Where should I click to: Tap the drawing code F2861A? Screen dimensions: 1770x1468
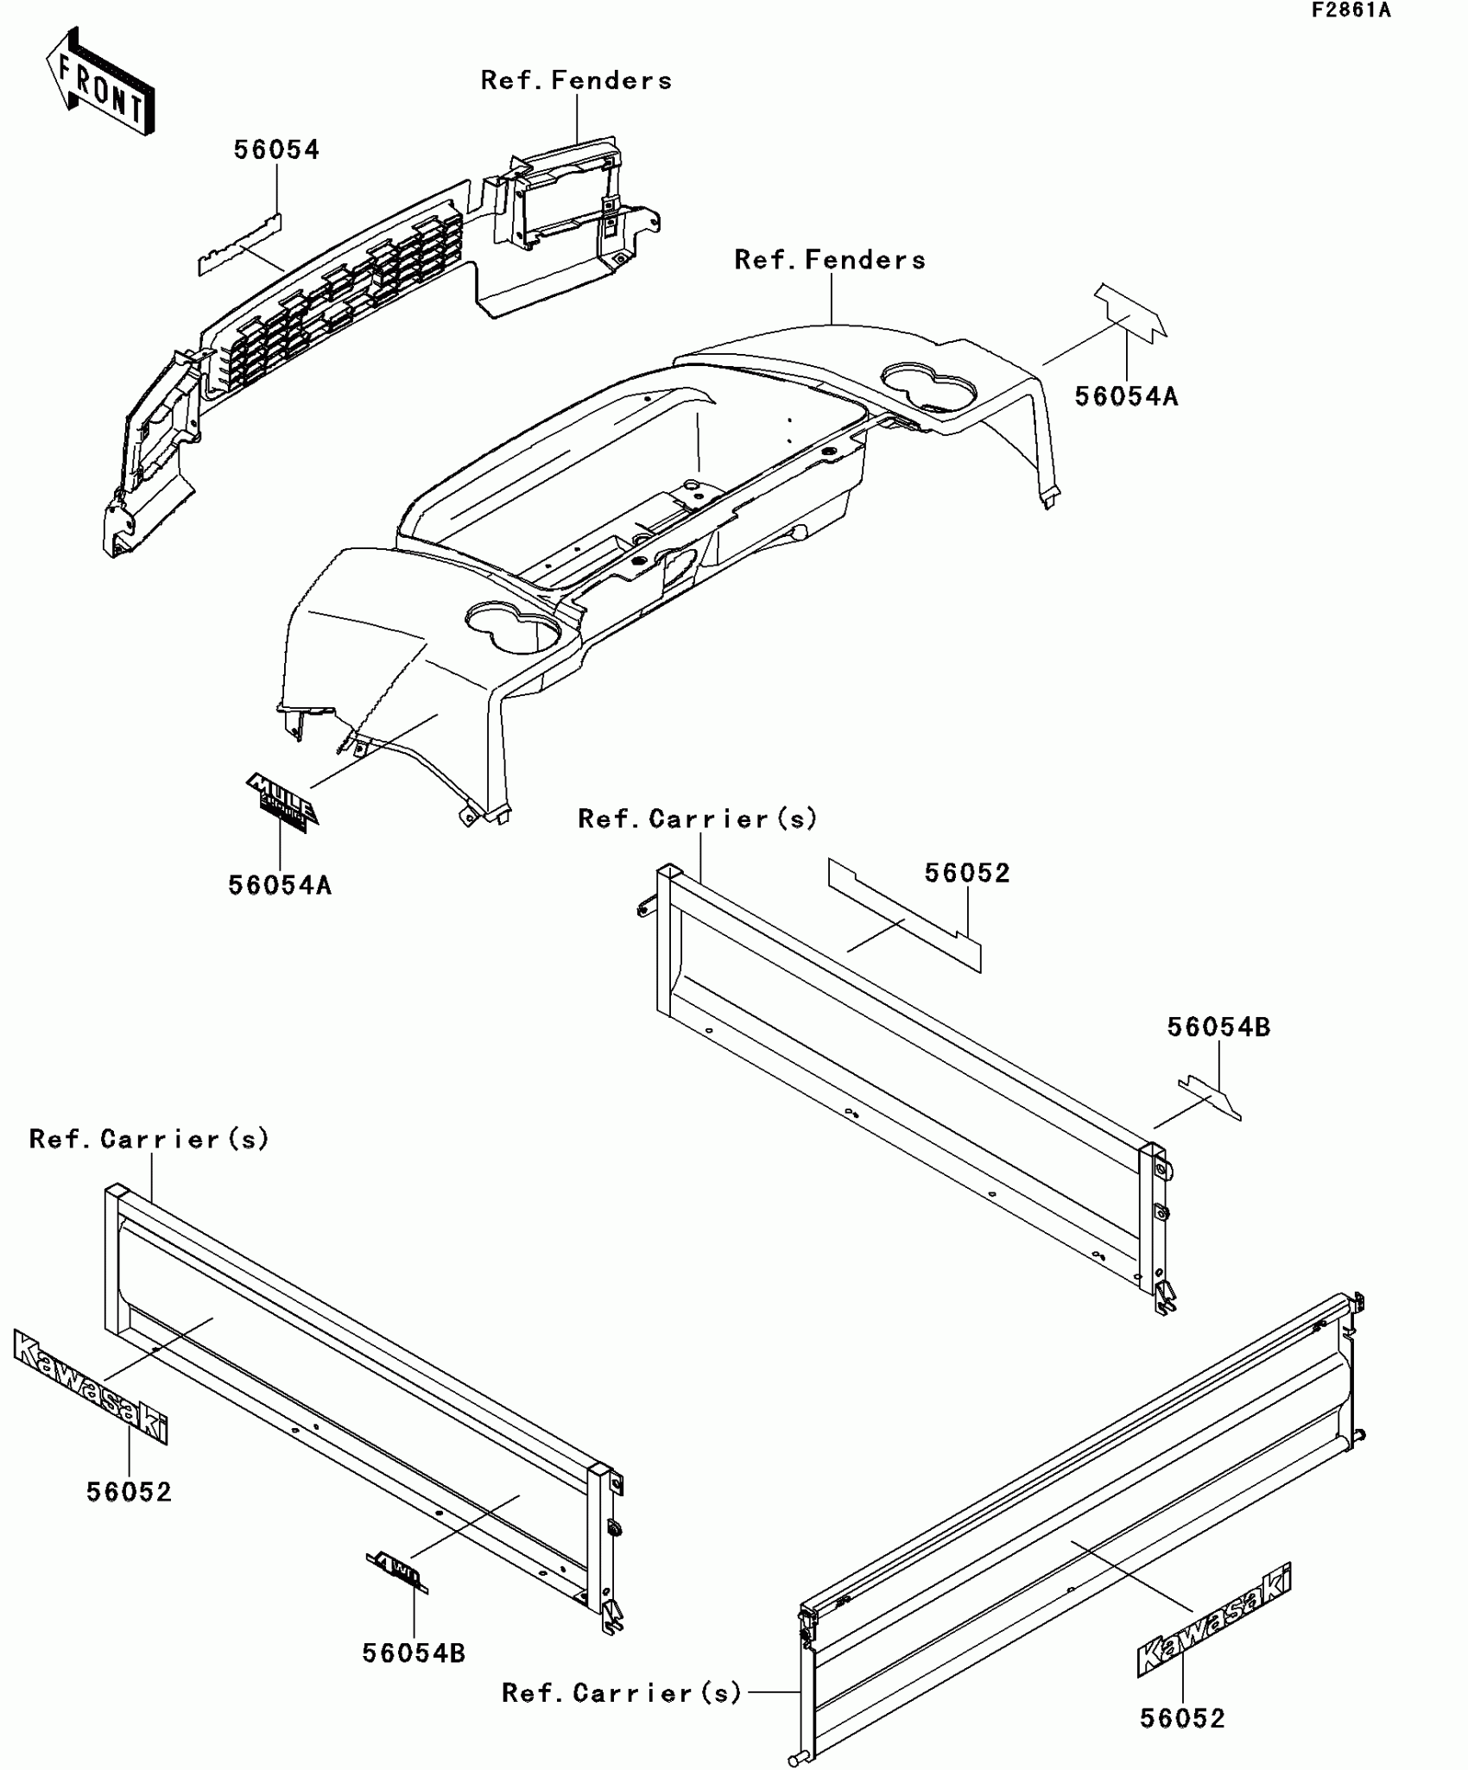pyautogui.click(x=1351, y=11)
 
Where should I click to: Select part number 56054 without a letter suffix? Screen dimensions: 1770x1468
pyautogui.click(x=276, y=150)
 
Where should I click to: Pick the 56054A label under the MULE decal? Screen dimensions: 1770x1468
pyautogui.click(x=280, y=886)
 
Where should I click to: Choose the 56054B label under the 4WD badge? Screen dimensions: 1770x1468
pyautogui.click(x=414, y=1653)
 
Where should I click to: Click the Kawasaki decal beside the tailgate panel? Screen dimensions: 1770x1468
pyautogui.click(x=1214, y=1618)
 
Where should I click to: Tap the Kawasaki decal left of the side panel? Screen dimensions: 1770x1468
pyautogui.click(x=91, y=1385)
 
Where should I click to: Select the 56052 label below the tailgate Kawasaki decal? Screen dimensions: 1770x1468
pyautogui.click(x=1182, y=1718)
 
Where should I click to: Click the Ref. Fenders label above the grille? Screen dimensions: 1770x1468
pyautogui.click(x=576, y=81)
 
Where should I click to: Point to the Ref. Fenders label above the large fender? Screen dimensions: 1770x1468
pyautogui.click(x=830, y=261)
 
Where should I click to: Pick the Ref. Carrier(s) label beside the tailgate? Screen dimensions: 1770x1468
pyautogui.click(x=622, y=1693)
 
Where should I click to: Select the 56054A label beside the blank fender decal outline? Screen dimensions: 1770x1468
pyautogui.click(x=1126, y=397)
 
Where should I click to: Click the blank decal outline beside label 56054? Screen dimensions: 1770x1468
pyautogui.click(x=239, y=247)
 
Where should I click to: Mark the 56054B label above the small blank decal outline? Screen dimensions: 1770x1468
pyautogui.click(x=1218, y=1027)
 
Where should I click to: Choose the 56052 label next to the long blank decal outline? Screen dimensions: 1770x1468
pyautogui.click(x=967, y=874)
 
